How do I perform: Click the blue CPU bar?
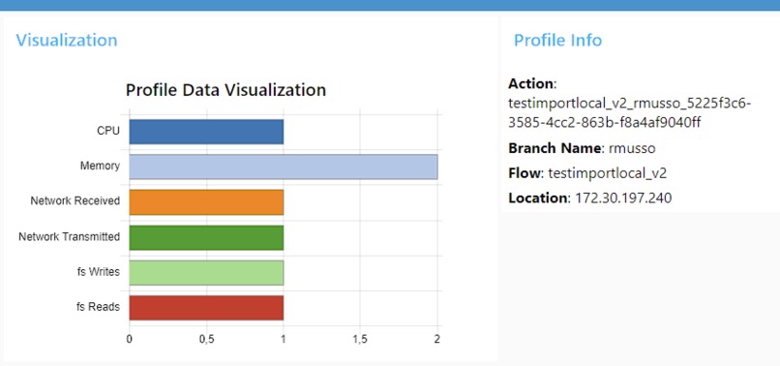coord(206,132)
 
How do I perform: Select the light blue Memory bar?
coord(283,167)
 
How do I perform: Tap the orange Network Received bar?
coord(206,201)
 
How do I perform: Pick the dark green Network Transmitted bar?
coord(206,237)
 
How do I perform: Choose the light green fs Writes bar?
coord(206,272)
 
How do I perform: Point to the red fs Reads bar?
coord(206,307)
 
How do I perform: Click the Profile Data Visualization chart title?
coord(225,90)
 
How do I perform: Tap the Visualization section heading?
coord(67,41)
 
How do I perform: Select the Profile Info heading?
coord(557,41)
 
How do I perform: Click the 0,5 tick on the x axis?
coord(206,340)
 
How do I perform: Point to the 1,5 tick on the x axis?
coord(360,340)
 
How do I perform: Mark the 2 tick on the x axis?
coord(436,340)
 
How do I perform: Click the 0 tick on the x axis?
coord(130,340)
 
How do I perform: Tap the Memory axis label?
coord(100,167)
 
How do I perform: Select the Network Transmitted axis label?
coord(70,237)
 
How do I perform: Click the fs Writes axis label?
coord(98,272)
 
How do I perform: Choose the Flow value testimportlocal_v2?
coord(607,173)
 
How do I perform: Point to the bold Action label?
coord(531,84)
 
